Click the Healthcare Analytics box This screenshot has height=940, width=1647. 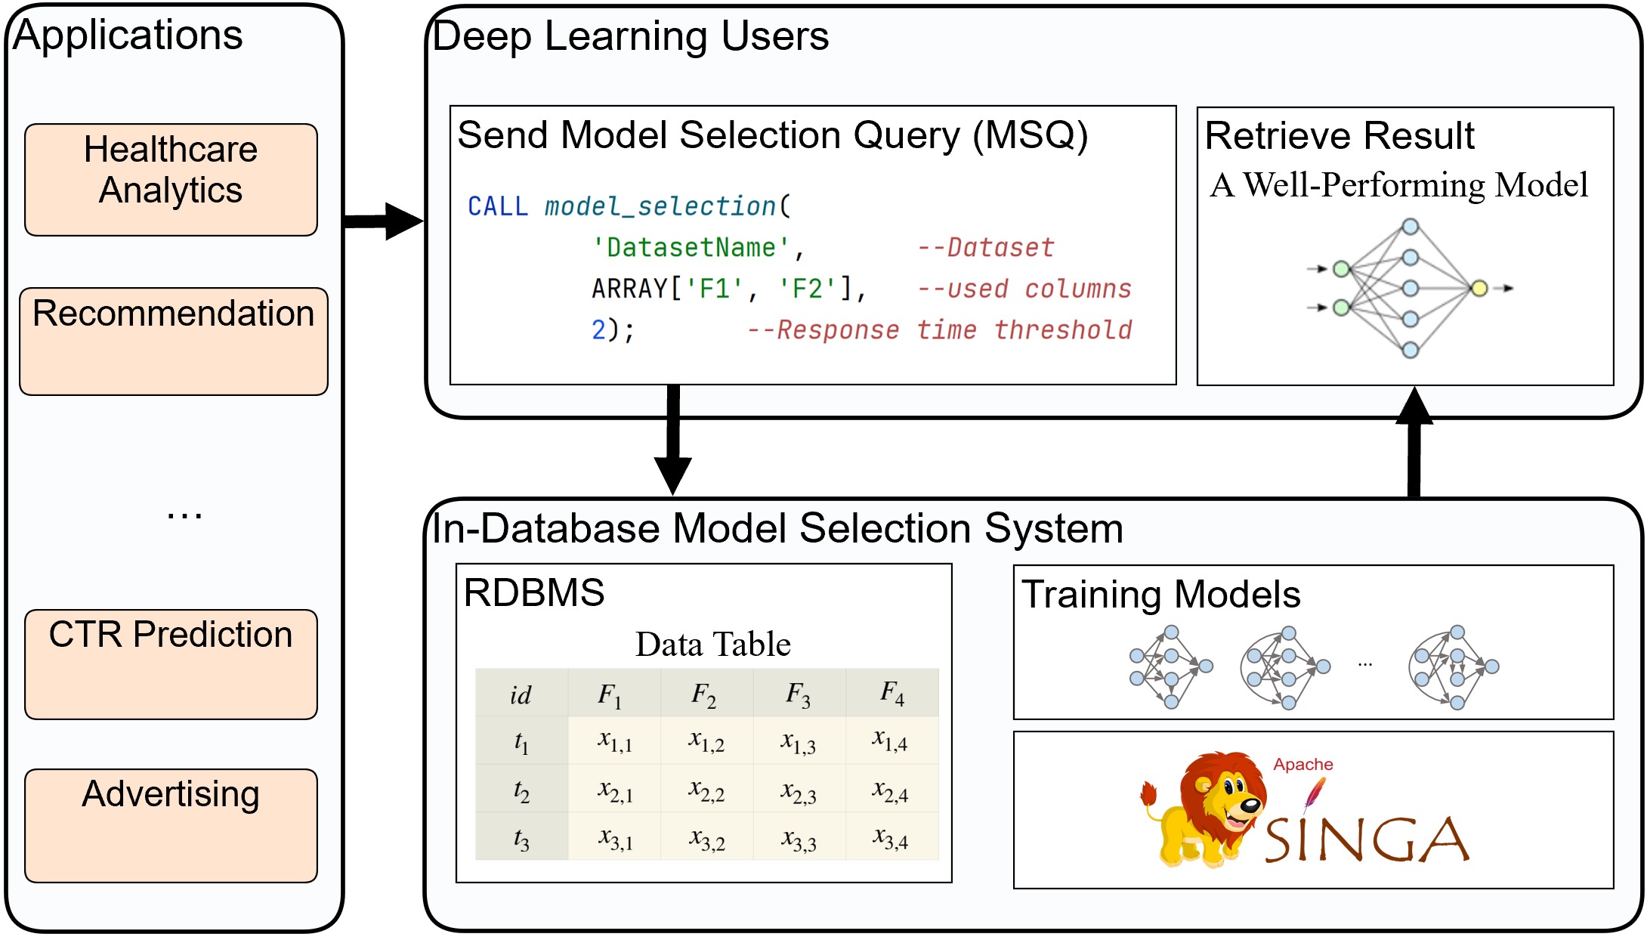click(x=171, y=180)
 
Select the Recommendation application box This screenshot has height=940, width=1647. click(x=173, y=341)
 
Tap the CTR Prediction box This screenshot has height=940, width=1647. click(x=171, y=663)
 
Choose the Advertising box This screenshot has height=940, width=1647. click(x=171, y=825)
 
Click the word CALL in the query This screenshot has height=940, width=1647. click(x=497, y=206)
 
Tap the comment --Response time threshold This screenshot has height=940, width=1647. click(x=939, y=330)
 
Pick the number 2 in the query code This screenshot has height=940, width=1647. click(x=598, y=330)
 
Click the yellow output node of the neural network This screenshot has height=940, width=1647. click(x=1479, y=288)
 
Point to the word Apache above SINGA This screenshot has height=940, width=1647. click(x=1303, y=765)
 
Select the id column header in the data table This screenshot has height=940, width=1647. click(x=521, y=694)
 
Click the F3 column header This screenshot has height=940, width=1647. click(x=798, y=694)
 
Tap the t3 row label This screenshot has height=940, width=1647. click(x=521, y=839)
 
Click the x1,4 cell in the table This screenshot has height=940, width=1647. click(x=891, y=741)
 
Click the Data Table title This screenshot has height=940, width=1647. click(x=712, y=645)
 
